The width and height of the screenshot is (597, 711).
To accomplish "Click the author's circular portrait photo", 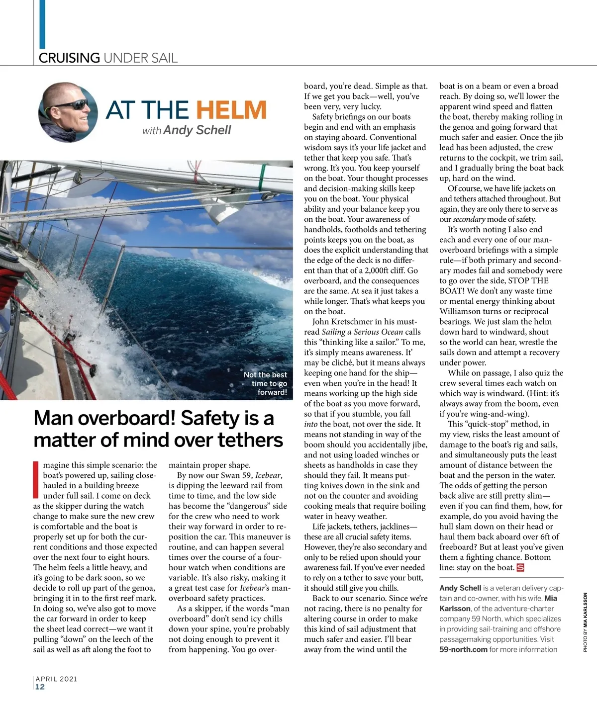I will coord(68,113).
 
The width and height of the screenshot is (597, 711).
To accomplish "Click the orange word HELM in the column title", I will coord(231,110).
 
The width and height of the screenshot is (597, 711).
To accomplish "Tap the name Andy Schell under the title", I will coord(197,130).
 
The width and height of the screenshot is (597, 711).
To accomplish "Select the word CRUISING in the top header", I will coord(69,58).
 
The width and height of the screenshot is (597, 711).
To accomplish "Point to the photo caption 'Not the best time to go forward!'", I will coord(266,383).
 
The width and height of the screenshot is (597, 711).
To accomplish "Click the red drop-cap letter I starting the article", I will coord(36,480).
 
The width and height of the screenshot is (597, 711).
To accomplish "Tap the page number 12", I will coord(40,687).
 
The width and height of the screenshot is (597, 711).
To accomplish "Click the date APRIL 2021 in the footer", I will coord(56,679).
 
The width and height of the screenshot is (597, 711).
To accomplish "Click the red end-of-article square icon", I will coord(521,568).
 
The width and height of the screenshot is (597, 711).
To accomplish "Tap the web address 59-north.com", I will coord(463,649).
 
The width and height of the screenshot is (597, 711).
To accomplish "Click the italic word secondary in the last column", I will coord(469,219).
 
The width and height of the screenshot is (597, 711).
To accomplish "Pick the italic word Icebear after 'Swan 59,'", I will coord(268,475).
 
